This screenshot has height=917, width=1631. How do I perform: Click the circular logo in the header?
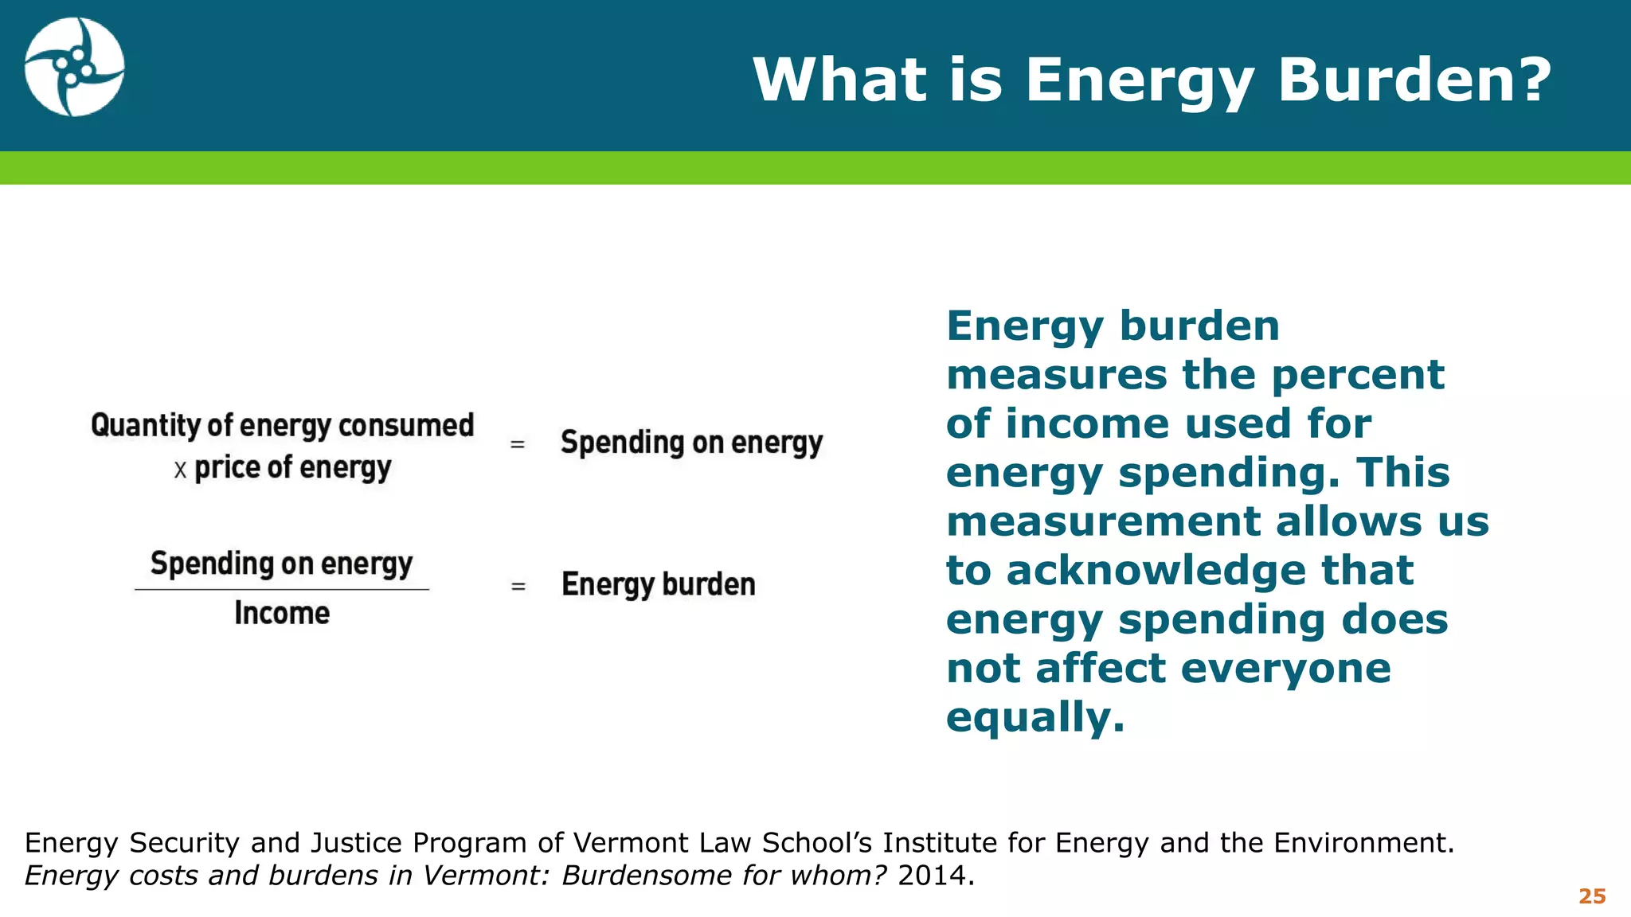74,68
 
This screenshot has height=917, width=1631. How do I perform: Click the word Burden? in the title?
1414,80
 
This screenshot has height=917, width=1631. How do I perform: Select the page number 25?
1592,896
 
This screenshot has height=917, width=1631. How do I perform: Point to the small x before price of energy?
180,470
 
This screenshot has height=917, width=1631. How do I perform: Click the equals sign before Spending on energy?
518,444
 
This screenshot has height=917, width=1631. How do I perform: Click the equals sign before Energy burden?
518,587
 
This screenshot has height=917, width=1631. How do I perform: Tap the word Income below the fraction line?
282,614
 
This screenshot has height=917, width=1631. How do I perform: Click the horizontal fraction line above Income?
282,590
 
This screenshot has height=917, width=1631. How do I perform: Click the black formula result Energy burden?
658,585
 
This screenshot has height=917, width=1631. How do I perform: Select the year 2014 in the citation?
931,876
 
